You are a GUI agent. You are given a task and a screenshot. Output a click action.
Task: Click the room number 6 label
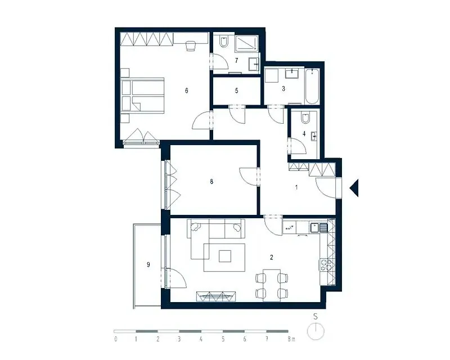click(187, 91)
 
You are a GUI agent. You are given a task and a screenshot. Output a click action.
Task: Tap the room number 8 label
click(211, 182)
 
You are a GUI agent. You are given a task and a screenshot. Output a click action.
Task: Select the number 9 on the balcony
click(148, 265)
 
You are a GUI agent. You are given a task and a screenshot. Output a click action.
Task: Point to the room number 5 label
click(236, 91)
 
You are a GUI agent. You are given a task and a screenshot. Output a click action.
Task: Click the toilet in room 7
click(223, 41)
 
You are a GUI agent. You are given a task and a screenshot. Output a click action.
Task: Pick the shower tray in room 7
click(247, 44)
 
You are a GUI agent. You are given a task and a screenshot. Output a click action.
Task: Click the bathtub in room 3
click(312, 87)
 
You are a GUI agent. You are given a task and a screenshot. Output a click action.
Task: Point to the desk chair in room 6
click(191, 46)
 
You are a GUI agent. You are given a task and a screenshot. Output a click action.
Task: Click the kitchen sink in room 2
click(318, 228)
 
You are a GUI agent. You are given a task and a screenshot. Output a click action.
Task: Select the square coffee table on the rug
click(224, 256)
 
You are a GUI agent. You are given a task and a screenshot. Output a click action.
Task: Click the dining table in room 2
click(272, 285)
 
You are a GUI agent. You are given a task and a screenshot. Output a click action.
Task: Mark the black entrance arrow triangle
click(355, 188)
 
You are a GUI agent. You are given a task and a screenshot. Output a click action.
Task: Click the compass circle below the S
click(316, 331)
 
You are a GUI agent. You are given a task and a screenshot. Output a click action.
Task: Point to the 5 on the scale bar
click(223, 339)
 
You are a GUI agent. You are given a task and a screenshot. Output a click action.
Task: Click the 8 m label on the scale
click(291, 339)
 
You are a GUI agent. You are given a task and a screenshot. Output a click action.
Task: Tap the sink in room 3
click(292, 74)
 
